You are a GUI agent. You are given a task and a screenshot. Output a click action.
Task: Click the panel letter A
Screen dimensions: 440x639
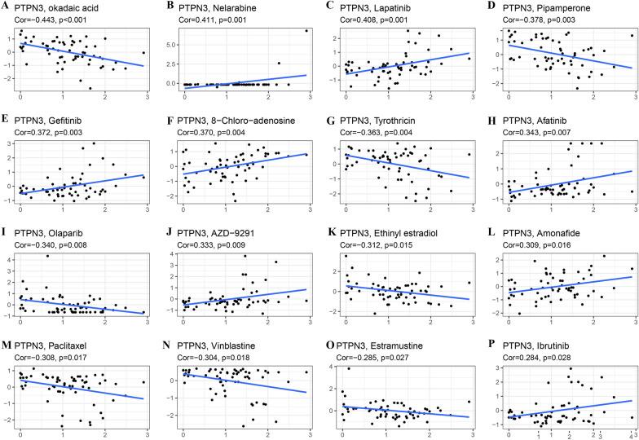point(5,7)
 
